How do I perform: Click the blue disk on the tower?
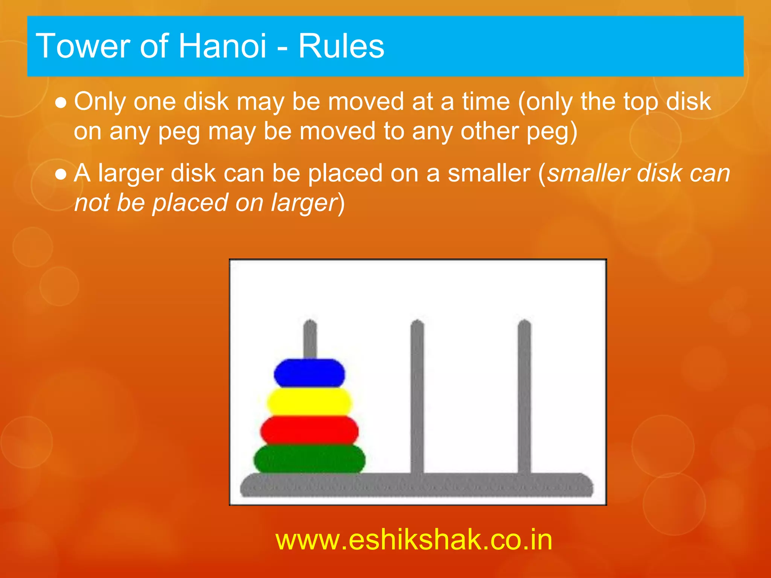click(x=309, y=373)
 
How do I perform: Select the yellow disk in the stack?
click(x=309, y=402)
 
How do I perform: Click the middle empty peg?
click(x=417, y=395)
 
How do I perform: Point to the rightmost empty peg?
click(x=524, y=395)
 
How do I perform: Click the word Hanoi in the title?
click(x=222, y=46)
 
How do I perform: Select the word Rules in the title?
click(x=341, y=46)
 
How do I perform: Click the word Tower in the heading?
click(x=83, y=46)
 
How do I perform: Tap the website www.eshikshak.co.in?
click(x=414, y=540)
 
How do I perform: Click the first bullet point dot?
click(x=61, y=103)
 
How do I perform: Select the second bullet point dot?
click(x=61, y=174)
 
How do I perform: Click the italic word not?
click(x=92, y=203)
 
